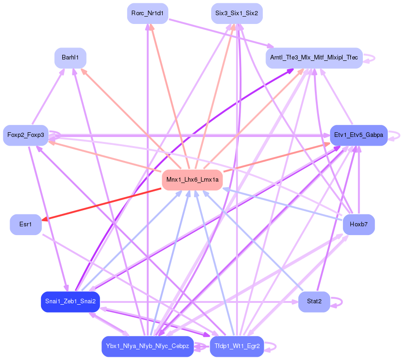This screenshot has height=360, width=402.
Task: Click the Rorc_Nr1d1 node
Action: click(x=147, y=13)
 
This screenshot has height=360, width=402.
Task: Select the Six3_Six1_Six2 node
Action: click(x=236, y=13)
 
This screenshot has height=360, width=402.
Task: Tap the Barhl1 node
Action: click(x=70, y=58)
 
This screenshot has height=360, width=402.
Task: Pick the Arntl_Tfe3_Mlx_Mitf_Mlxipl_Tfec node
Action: click(x=313, y=58)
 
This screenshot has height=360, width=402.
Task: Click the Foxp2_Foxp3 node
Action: click(x=26, y=135)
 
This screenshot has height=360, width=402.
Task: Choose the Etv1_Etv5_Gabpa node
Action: click(x=358, y=135)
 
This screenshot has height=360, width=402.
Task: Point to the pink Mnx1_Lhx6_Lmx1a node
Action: click(x=192, y=179)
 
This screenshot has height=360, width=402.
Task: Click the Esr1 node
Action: click(x=26, y=224)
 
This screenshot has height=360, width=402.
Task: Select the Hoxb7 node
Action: click(x=358, y=224)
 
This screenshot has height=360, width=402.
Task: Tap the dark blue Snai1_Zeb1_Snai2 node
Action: click(x=70, y=301)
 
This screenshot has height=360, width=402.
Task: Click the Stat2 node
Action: click(x=313, y=301)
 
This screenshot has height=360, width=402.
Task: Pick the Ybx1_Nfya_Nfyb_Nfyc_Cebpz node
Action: click(x=147, y=346)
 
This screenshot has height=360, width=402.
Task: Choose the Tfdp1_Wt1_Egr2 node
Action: click(x=236, y=346)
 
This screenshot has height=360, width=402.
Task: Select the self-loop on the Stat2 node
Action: click(x=340, y=302)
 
